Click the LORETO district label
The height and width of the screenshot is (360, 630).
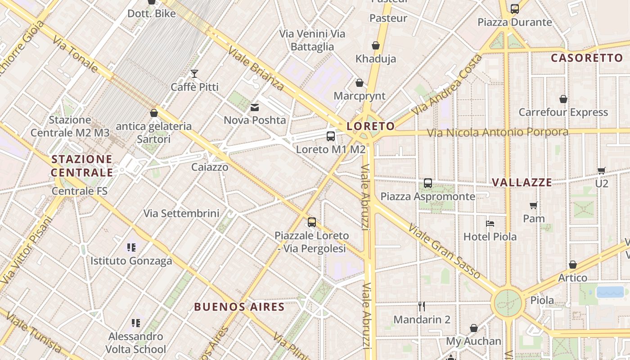pyautogui.click(x=371, y=126)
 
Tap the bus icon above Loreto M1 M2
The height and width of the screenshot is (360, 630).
pyautogui.click(x=331, y=136)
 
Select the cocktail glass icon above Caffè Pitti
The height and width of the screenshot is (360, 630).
pyautogui.click(x=194, y=74)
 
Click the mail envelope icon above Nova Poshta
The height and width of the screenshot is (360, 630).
pyautogui.click(x=255, y=107)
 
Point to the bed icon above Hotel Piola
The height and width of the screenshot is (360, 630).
pyautogui.click(x=490, y=224)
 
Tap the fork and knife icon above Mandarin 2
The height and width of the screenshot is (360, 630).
pyautogui.click(x=422, y=306)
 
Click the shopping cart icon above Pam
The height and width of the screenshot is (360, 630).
pyautogui.click(x=534, y=206)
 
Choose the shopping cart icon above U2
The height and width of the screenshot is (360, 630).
pyautogui.click(x=602, y=171)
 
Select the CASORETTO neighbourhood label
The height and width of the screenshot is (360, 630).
pyautogui.click(x=587, y=58)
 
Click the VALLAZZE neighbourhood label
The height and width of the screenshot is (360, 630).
pyautogui.click(x=522, y=182)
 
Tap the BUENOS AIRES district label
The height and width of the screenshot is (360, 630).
pyautogui.click(x=239, y=307)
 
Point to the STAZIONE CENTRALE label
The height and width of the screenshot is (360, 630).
pyautogui.click(x=81, y=166)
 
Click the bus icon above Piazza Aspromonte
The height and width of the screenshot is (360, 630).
pyautogui.click(x=428, y=183)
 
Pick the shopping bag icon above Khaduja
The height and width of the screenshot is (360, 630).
pyautogui.click(x=376, y=45)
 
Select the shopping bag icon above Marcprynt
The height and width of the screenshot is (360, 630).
pyautogui.click(x=360, y=83)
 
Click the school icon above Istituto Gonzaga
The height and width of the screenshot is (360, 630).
pyautogui.click(x=131, y=247)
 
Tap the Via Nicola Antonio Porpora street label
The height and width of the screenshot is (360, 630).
pyautogui.click(x=497, y=132)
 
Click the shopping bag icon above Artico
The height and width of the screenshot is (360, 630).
pyautogui.click(x=573, y=265)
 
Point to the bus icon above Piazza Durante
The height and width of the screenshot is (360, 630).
pyautogui.click(x=515, y=9)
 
